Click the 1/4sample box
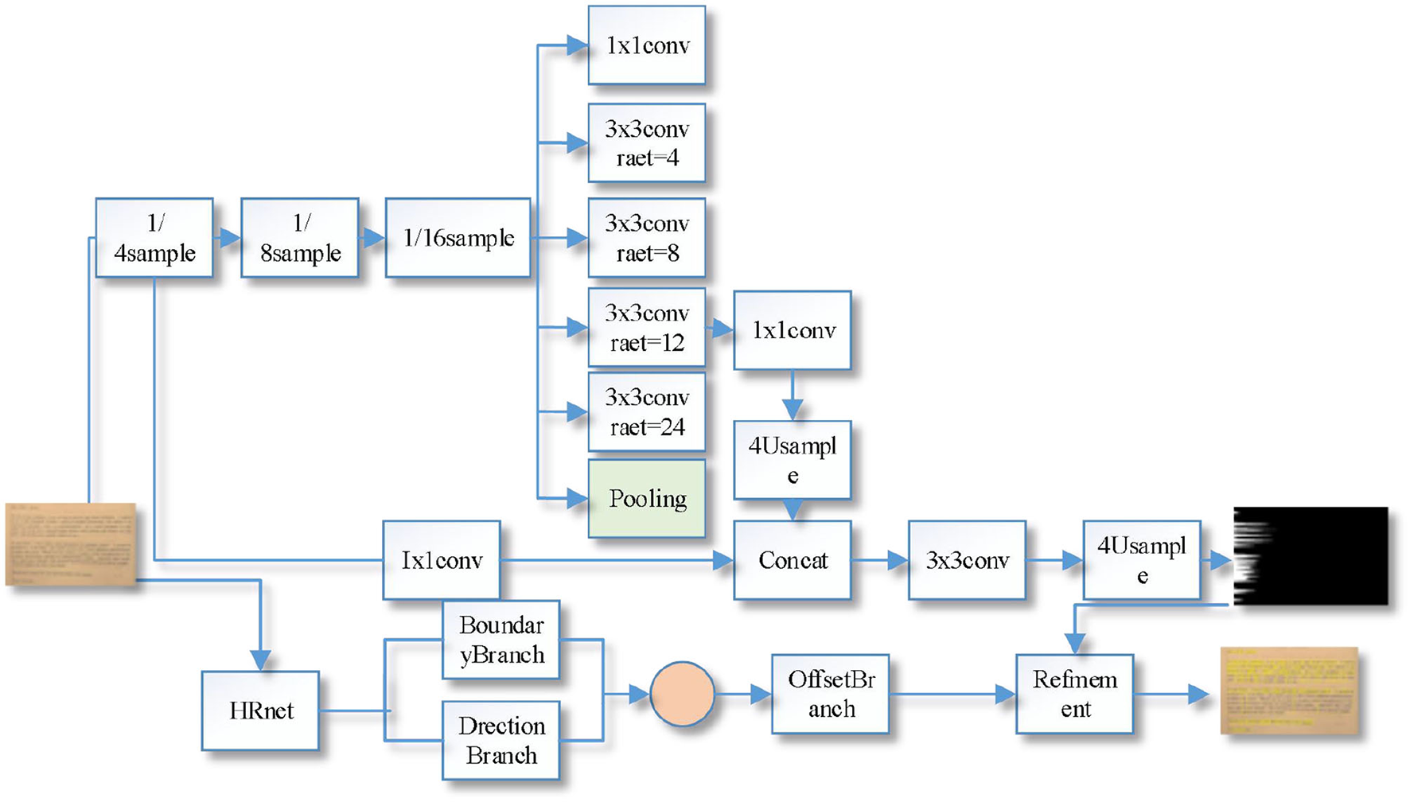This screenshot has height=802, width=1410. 154,238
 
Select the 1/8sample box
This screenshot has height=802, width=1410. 299,238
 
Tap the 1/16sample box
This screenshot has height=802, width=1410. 458,238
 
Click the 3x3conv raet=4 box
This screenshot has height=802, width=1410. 646,143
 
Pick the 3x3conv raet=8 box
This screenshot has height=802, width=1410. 646,238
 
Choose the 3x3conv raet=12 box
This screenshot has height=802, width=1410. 646,328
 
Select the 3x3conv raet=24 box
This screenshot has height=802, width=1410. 646,412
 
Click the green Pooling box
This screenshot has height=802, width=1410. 646,499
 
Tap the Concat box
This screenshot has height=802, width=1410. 792,560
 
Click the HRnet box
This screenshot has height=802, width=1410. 260,711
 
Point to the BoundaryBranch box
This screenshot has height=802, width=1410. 501,640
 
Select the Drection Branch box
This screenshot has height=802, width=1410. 501,740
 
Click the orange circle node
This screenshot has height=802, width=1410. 682,694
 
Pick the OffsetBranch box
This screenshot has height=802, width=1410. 830,694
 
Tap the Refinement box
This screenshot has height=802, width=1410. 1074,694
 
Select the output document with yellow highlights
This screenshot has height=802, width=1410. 1289,690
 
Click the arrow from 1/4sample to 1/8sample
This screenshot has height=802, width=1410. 228,238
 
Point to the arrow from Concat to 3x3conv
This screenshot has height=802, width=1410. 879,560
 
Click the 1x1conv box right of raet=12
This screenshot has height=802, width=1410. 792,330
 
